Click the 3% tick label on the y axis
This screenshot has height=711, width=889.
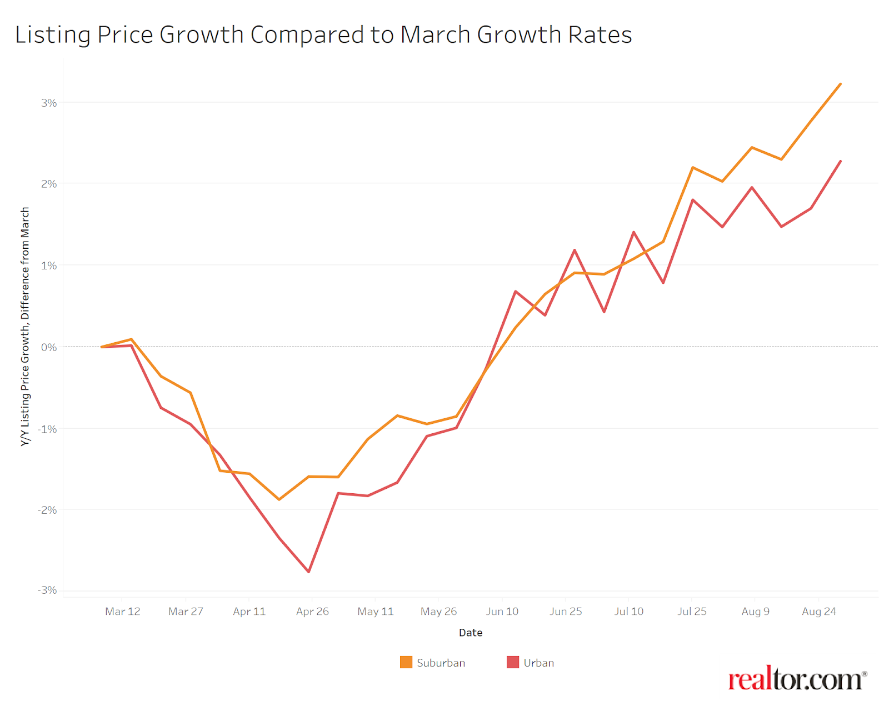[x=49, y=103]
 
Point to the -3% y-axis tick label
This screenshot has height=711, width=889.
[x=47, y=590]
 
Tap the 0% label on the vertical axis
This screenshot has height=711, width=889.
[x=49, y=347]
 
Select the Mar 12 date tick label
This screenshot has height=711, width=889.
[x=122, y=611]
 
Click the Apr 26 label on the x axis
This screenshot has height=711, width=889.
[x=312, y=611]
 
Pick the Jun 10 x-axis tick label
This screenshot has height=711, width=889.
[x=502, y=611]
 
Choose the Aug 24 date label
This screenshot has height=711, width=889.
[x=819, y=611]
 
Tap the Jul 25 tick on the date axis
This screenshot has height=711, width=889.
[x=692, y=611]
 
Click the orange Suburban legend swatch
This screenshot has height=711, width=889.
[x=406, y=662]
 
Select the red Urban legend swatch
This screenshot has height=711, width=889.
[x=513, y=662]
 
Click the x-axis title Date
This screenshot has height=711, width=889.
[x=471, y=633]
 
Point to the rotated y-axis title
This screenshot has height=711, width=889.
[x=25, y=327]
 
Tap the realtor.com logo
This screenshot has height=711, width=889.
[x=797, y=679]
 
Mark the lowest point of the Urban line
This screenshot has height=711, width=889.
[x=308, y=572]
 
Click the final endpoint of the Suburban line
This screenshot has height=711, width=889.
[x=840, y=84]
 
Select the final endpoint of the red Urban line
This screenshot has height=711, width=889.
[x=840, y=162]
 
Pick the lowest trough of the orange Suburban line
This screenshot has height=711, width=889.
[x=279, y=499]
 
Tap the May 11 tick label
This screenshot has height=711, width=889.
[x=376, y=611]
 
